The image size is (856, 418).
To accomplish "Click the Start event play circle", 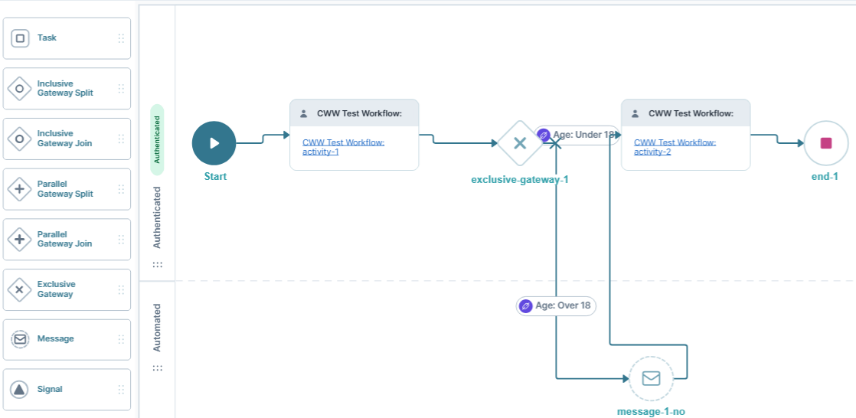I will point(214,142).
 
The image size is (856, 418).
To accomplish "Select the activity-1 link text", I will point(343,146).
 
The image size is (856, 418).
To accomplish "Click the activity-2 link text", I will point(675,146).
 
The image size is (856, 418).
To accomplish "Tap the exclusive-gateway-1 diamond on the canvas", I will point(519,143).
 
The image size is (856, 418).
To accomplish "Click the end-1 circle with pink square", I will point(825,143).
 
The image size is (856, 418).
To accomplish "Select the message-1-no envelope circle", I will point(651,378).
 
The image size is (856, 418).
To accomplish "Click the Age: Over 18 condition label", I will point(556,305).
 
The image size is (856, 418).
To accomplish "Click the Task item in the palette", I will point(67,38).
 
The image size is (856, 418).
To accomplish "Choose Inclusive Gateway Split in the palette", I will point(67,88).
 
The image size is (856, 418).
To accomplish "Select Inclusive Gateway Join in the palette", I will point(67,139).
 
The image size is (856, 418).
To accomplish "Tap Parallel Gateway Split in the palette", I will point(67,189).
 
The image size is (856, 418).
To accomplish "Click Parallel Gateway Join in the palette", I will point(67,239).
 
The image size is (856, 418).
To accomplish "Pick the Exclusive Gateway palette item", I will point(67,289).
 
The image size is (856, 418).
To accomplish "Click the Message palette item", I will point(67,339).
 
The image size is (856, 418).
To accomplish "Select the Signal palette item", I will point(67,390).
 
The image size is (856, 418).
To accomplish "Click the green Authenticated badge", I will point(157,139).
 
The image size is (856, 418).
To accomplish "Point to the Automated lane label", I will point(157,328).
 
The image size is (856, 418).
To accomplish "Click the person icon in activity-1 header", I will point(304,113).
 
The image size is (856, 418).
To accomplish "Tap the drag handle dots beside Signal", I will point(121,390).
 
